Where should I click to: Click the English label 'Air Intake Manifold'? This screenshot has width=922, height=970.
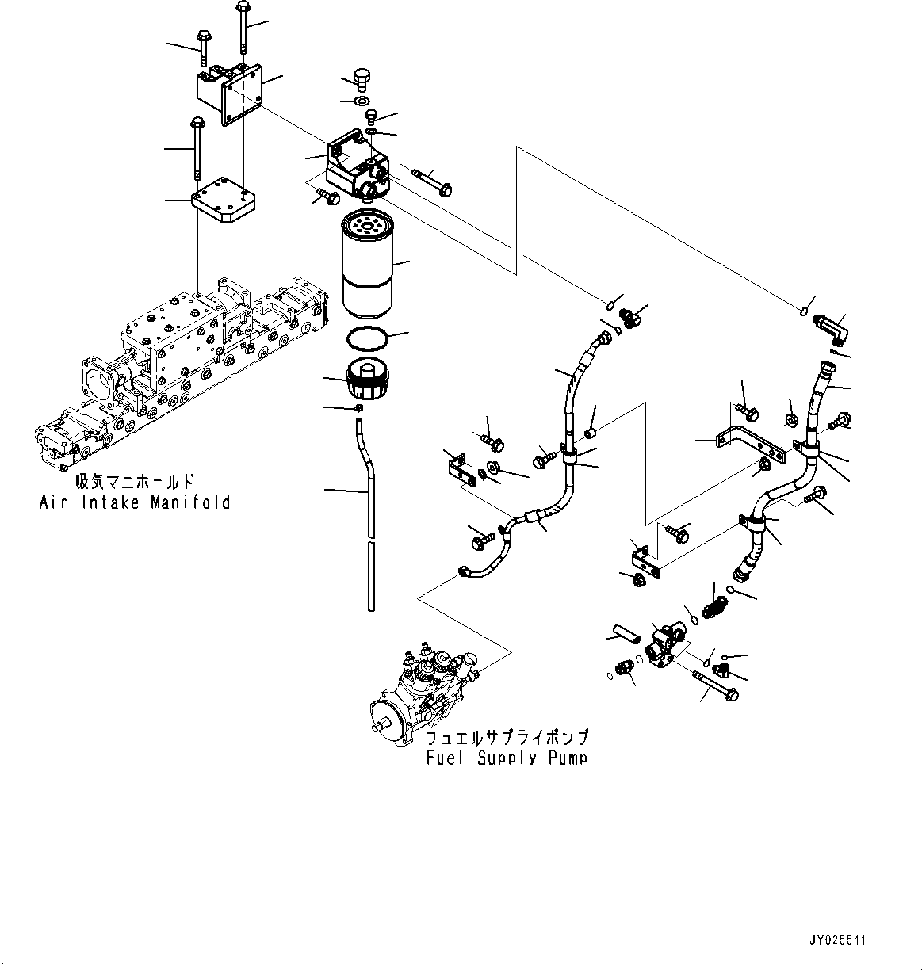coord(135,502)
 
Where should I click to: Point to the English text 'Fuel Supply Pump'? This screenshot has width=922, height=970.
coord(507,758)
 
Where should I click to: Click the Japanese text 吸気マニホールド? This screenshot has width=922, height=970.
coord(135,482)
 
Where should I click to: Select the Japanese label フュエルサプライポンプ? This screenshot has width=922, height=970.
coord(507,738)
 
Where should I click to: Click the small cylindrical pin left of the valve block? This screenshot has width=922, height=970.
coord(624,633)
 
